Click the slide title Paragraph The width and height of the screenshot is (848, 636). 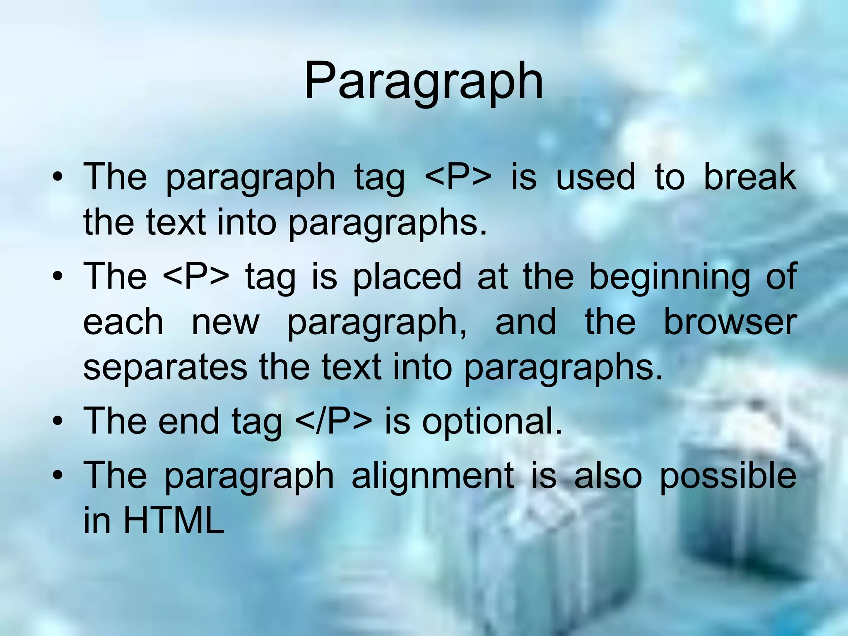click(424, 82)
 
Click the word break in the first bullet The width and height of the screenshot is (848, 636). click(749, 177)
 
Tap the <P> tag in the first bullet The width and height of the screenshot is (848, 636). click(458, 177)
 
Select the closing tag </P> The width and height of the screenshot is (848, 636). click(334, 421)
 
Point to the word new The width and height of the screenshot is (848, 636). click(225, 323)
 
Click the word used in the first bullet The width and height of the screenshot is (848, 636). click(595, 177)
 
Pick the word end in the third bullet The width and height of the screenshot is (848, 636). click(188, 421)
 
